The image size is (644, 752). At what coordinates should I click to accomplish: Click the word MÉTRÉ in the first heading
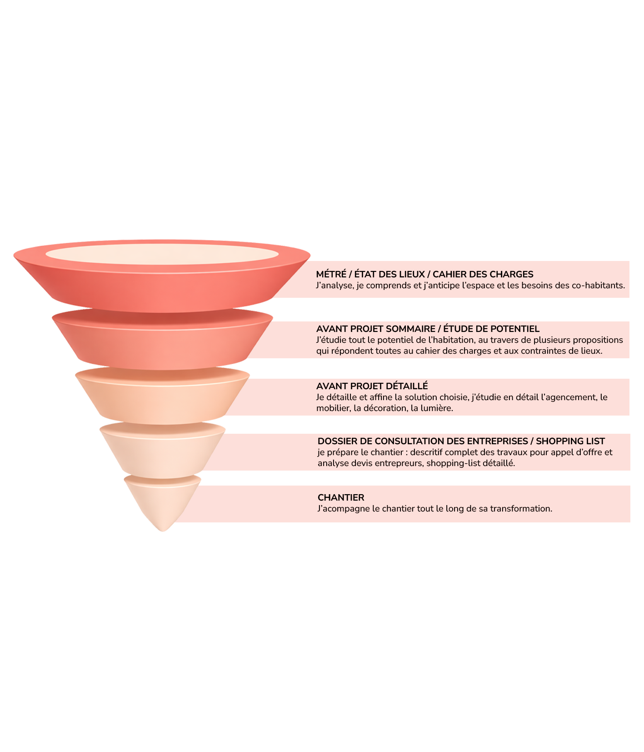(x=331, y=274)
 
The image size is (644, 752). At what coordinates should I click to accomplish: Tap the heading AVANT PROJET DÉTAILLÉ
(x=372, y=386)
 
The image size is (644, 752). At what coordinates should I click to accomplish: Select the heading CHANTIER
(x=340, y=497)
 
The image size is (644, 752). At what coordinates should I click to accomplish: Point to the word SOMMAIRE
(x=410, y=329)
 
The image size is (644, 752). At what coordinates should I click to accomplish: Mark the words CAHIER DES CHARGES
(x=483, y=274)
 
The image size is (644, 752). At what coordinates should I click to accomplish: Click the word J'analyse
(x=334, y=286)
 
